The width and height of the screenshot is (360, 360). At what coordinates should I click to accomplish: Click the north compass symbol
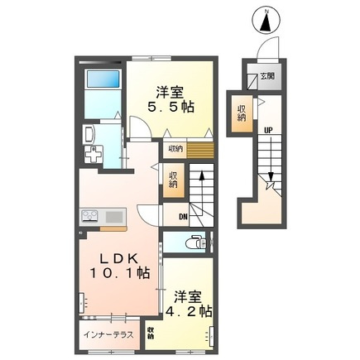point(266,21)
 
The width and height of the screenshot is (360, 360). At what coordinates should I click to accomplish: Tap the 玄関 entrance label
point(267,76)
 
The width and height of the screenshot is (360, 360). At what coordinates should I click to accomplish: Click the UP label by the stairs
point(268,131)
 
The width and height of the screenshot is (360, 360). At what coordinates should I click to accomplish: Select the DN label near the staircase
point(183,217)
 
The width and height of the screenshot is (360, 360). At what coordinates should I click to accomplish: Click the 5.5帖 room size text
point(170,107)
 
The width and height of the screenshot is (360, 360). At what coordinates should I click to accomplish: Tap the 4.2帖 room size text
point(189,311)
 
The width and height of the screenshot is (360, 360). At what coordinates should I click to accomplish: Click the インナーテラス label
point(108,335)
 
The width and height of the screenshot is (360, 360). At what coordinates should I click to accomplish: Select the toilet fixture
point(196,242)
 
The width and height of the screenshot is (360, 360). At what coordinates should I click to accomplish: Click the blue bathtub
point(103,79)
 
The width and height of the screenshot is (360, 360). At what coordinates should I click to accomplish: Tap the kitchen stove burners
point(89,216)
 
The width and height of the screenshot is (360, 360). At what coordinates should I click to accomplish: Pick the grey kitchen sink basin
point(114,217)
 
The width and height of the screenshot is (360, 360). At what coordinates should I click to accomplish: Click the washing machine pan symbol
point(94,155)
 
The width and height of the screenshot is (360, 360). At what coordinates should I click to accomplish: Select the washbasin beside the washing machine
point(89,134)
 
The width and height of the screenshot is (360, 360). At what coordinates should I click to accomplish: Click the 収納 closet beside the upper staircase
point(174,180)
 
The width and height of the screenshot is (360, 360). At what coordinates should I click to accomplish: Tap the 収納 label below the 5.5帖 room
point(175,149)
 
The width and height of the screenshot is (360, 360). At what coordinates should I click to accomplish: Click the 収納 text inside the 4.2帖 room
point(151,333)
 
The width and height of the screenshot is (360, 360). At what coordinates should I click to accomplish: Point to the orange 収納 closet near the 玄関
point(242,113)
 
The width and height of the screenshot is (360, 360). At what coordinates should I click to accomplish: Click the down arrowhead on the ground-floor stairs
point(271,176)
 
